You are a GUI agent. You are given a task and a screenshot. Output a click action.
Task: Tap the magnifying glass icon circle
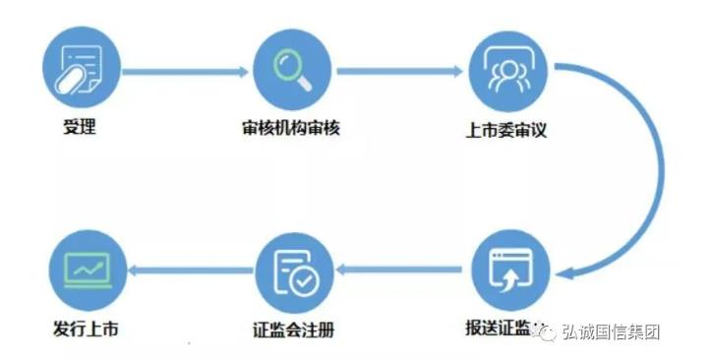(291, 71)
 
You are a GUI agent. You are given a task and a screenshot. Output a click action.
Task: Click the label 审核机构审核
(291, 128)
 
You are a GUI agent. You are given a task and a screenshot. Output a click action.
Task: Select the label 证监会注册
(291, 329)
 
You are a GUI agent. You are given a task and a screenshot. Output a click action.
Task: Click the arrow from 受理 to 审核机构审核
(185, 71)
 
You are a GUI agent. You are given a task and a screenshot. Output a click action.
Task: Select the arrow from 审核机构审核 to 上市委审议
(399, 71)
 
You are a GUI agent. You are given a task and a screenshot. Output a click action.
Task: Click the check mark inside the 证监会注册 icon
(305, 281)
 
